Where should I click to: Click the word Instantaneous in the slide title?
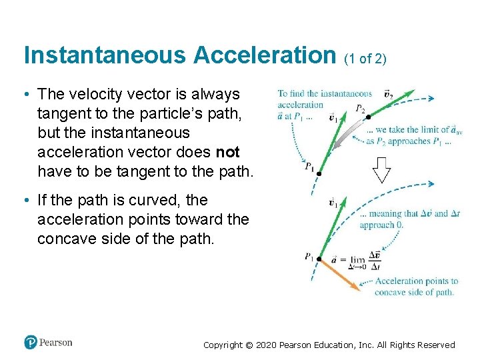click(105, 55)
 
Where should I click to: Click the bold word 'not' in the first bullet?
click(227, 153)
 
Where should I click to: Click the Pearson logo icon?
click(31, 343)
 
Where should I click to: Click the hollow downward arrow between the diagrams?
click(382, 171)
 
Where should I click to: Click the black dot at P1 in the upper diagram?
click(319, 173)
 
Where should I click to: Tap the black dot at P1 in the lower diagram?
click(319, 259)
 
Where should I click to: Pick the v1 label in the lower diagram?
click(333, 202)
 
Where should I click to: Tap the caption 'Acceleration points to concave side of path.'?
click(415, 287)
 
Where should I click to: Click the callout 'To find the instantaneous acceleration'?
click(324, 99)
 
